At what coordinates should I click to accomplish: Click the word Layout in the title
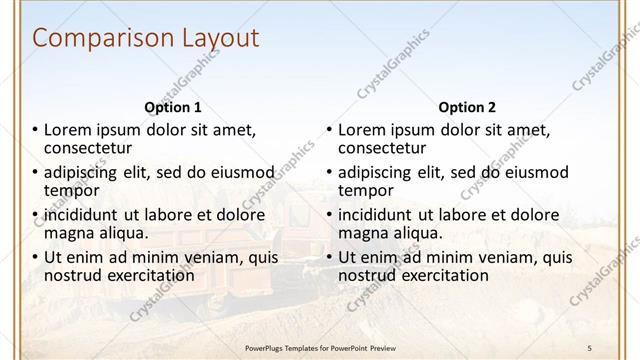[x=219, y=39]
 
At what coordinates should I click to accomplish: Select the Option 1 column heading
[x=173, y=107]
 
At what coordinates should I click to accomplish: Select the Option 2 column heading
[x=467, y=107]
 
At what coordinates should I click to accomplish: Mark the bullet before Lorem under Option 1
[x=35, y=130]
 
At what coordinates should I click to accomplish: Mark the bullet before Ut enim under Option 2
[x=329, y=257]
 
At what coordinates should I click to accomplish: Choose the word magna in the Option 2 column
[x=364, y=233]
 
